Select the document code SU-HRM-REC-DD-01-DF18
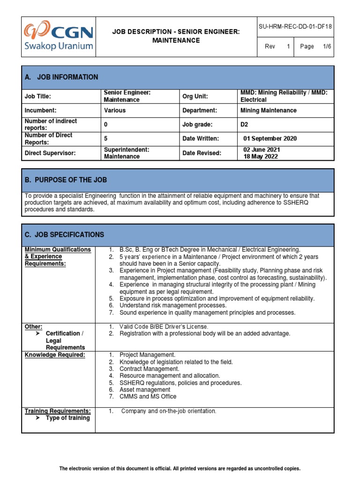tap(295, 27)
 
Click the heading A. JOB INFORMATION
tap(61, 77)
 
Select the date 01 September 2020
tap(270, 139)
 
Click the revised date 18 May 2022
tap(261, 157)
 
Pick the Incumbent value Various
tap(115, 111)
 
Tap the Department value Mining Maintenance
tap(268, 111)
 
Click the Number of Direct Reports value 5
tap(105, 139)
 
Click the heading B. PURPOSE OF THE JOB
tap(66, 180)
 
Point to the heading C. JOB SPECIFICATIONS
tap(64, 235)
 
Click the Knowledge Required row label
tap(55, 355)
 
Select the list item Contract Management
tap(149, 369)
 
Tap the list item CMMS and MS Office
tap(148, 397)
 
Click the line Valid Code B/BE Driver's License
tap(164, 326)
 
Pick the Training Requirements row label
tap(57, 411)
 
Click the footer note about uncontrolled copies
tap(180, 468)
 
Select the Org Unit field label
tap(195, 97)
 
